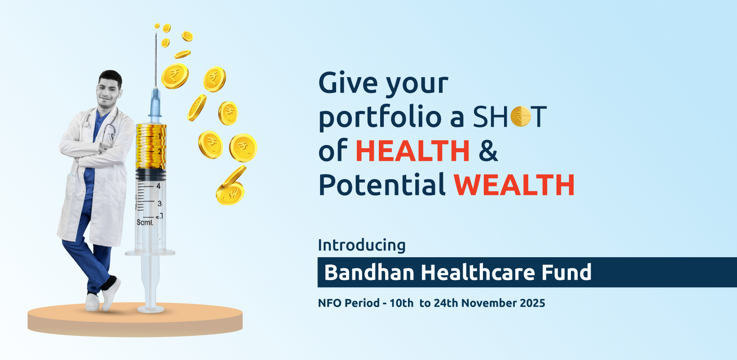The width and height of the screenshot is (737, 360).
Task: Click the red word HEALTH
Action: (412, 151)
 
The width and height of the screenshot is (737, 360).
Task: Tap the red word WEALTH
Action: (514, 185)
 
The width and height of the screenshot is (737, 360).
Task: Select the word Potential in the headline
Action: (382, 184)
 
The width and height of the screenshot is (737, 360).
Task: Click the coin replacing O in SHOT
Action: (521, 117)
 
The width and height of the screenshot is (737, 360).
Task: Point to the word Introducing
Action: (362, 246)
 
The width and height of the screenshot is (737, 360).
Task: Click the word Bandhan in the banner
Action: (369, 272)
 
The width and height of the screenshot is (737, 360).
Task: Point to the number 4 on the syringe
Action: (158, 186)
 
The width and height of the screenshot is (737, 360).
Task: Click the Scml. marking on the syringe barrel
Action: (145, 223)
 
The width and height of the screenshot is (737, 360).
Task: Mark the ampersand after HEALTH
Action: (488, 151)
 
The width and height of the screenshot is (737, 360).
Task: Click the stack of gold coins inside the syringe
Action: (151, 146)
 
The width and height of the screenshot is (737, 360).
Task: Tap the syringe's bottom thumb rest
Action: (150, 309)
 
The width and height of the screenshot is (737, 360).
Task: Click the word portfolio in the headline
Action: (380, 118)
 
